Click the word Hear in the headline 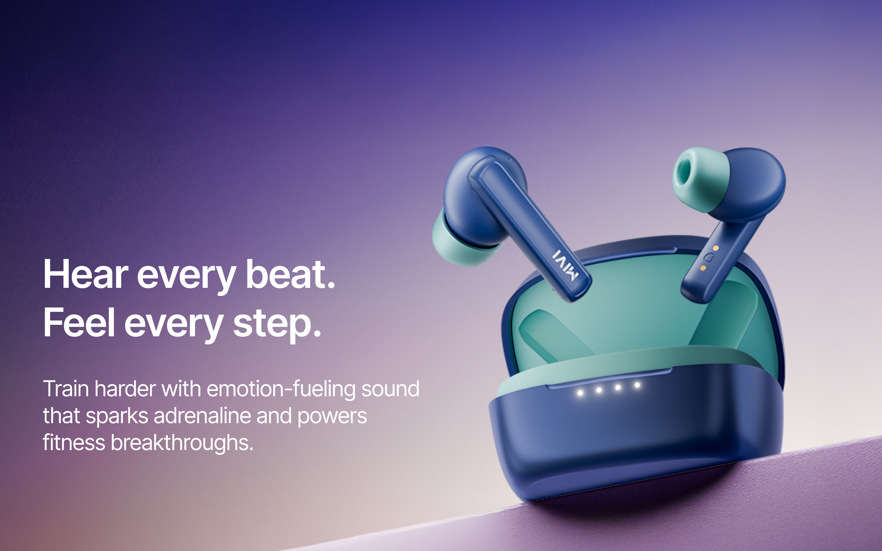click(x=86, y=274)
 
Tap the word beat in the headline click(x=290, y=274)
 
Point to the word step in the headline click(x=277, y=324)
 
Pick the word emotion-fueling click(x=281, y=389)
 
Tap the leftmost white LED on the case click(x=580, y=393)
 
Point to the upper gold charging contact click(x=716, y=248)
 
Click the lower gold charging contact click(x=703, y=268)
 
